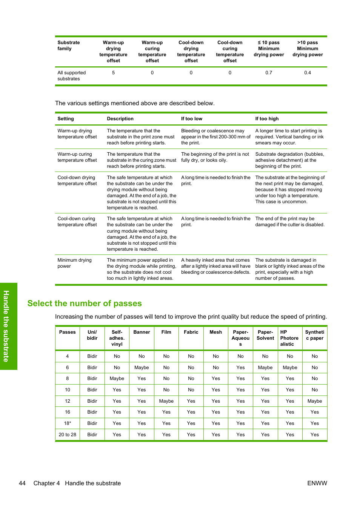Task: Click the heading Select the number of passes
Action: [85, 304]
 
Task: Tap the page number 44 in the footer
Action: [22, 483]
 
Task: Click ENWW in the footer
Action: [317, 483]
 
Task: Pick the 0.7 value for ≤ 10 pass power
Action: [269, 73]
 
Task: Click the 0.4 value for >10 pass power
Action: [308, 73]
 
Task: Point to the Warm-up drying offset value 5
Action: [113, 73]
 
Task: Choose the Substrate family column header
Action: [68, 46]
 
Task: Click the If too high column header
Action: [267, 119]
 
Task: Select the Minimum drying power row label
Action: [74, 263]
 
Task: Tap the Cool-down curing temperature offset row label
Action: [77, 222]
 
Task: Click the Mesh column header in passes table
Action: [216, 332]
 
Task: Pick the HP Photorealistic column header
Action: [289, 338]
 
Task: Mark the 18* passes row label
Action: [68, 423]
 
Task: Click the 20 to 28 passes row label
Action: [68, 435]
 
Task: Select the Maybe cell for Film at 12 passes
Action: [166, 401]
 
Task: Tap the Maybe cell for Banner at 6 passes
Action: [142, 368]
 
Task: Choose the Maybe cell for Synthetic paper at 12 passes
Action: [315, 401]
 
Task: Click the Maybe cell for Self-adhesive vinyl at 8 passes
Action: [117, 379]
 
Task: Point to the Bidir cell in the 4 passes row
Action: [92, 356]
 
